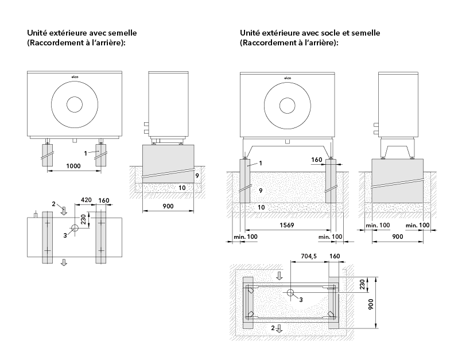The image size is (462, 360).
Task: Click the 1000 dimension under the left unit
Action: click(73, 166)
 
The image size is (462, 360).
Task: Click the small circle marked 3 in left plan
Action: click(74, 227)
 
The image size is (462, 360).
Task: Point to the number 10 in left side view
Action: click(183, 188)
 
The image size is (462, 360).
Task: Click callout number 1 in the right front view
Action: click(260, 163)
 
